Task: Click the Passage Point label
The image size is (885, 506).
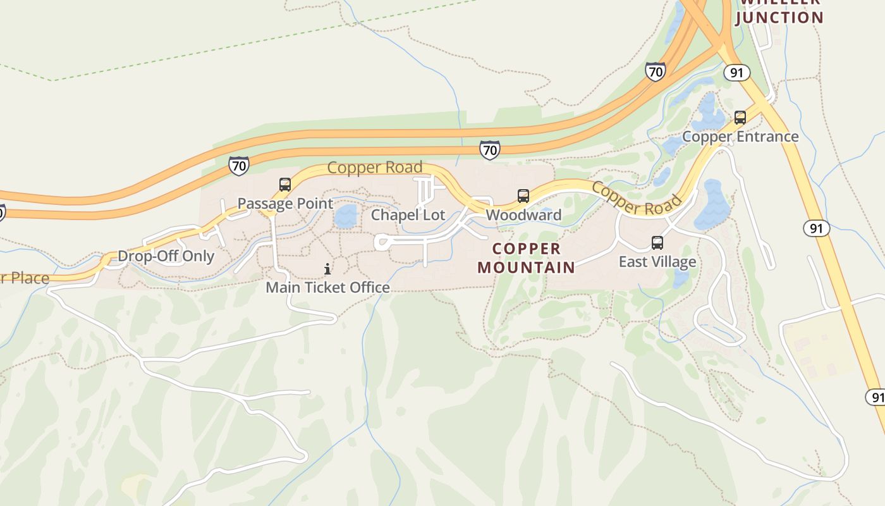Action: click(x=285, y=204)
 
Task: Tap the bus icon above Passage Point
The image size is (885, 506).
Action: click(x=285, y=185)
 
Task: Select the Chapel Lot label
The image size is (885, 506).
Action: click(x=408, y=215)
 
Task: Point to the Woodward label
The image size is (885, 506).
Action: click(x=523, y=215)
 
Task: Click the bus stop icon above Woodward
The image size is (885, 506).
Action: click(x=523, y=196)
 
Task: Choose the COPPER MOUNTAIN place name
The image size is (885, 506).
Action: click(x=527, y=258)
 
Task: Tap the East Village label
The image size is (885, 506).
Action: click(x=657, y=262)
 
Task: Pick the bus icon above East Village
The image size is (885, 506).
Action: click(x=657, y=243)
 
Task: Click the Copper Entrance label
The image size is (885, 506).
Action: click(x=740, y=137)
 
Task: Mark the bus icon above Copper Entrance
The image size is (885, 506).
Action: click(x=740, y=118)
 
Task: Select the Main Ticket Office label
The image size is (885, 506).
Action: click(x=327, y=288)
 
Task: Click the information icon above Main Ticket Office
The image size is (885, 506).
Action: click(x=327, y=269)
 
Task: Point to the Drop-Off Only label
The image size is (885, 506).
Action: click(x=166, y=257)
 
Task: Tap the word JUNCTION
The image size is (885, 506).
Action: click(x=779, y=18)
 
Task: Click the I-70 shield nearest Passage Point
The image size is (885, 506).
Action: click(x=239, y=166)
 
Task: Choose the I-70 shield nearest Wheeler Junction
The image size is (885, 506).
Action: click(x=656, y=71)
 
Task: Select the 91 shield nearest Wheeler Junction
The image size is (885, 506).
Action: click(x=736, y=73)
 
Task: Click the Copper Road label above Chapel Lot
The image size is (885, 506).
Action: click(x=375, y=168)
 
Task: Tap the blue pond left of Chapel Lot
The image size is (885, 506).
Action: click(x=346, y=216)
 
